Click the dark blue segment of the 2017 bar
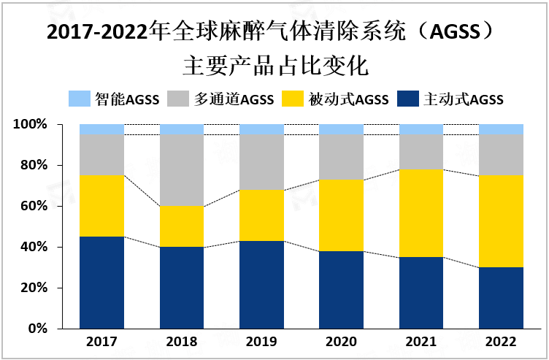(101, 283)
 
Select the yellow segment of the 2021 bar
(421, 213)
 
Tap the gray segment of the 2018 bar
(182, 170)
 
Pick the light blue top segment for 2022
(501, 129)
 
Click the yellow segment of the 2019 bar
(261, 215)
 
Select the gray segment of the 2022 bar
(501, 155)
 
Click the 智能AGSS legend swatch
(79, 99)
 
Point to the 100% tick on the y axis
(30, 125)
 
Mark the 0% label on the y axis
(36, 329)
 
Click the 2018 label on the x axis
(182, 342)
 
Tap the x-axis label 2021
(421, 342)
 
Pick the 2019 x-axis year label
(261, 342)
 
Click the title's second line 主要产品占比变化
(274, 66)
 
